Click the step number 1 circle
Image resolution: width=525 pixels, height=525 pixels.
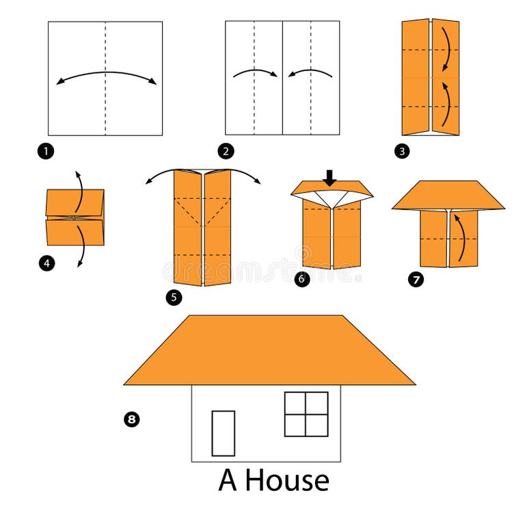click(x=46, y=152)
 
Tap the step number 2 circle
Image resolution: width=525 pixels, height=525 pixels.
click(x=224, y=151)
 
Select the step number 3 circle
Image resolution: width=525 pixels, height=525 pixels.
click(x=402, y=152)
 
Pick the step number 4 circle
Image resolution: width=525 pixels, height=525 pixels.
click(x=46, y=261)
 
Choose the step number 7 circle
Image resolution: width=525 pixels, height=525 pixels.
click(x=416, y=279)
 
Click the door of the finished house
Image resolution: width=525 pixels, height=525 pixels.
click(x=223, y=433)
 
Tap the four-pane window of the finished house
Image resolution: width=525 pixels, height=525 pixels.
click(x=306, y=414)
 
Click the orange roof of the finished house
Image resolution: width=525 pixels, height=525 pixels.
click(x=269, y=350)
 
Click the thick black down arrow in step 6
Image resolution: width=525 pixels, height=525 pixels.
click(x=330, y=178)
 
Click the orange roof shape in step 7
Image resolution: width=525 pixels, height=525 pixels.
click(x=448, y=195)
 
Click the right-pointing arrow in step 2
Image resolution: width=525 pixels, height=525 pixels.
click(x=255, y=72)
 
